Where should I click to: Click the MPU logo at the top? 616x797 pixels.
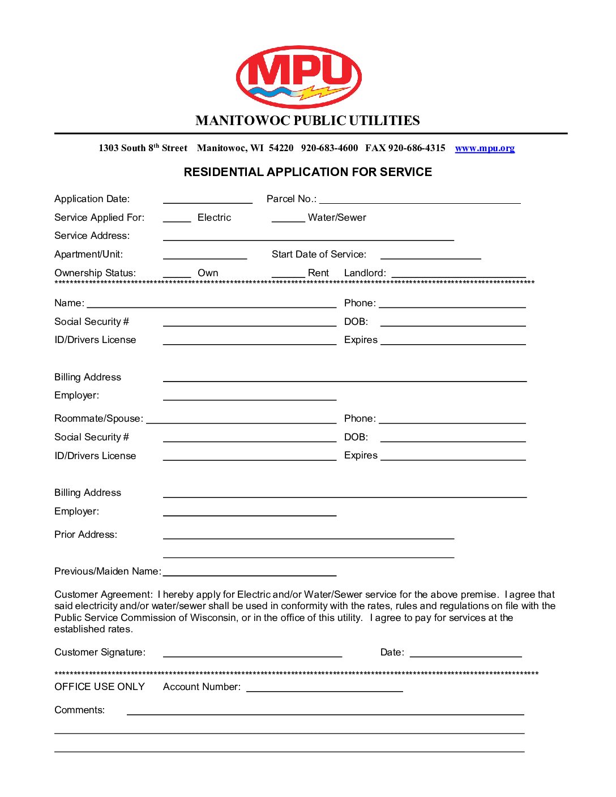click(x=298, y=77)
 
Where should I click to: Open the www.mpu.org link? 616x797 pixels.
click(x=485, y=148)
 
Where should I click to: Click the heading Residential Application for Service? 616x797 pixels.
click(x=307, y=172)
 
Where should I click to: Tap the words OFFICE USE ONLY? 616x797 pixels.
click(x=100, y=687)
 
